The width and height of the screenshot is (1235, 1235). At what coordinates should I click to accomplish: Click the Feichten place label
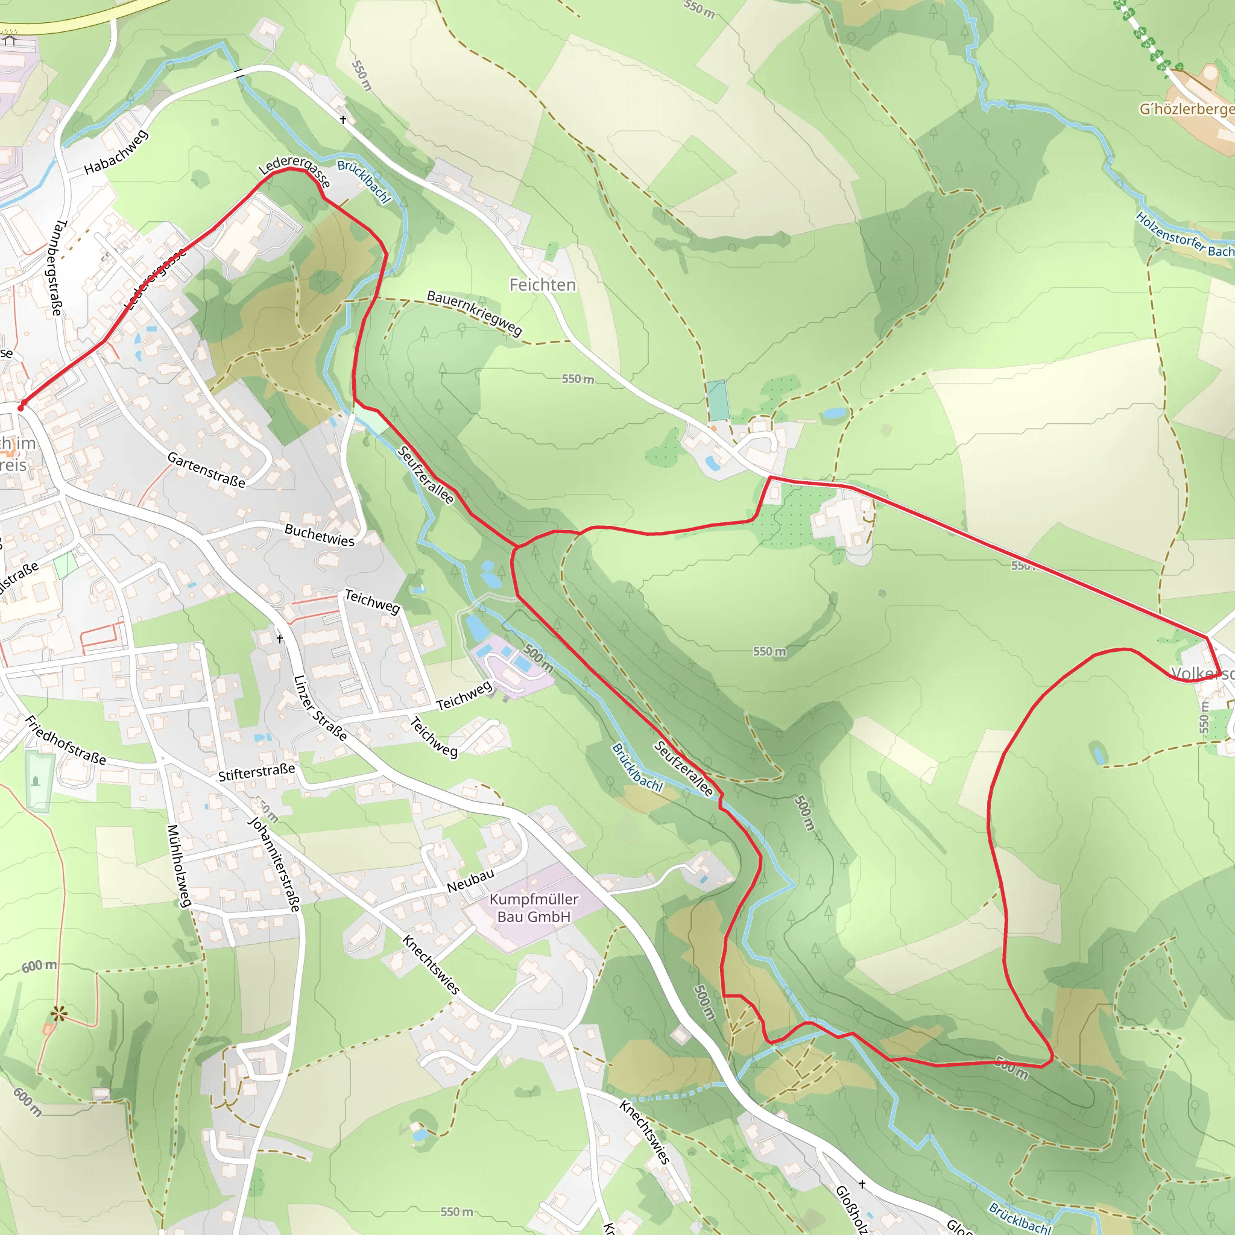pos(542,285)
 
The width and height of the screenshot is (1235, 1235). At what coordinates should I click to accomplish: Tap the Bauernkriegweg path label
pos(475,313)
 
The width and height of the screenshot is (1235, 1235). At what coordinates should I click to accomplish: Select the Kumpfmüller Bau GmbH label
pos(534,908)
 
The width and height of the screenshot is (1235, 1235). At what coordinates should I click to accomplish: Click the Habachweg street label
pos(116,152)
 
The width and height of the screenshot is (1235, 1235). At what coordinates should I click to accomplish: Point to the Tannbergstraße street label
pos(57,268)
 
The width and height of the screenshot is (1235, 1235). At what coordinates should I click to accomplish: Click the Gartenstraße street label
pos(206,470)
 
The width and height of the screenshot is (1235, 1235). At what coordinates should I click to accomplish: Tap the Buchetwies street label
pos(319,535)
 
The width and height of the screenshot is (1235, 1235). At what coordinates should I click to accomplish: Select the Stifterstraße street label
pos(256,772)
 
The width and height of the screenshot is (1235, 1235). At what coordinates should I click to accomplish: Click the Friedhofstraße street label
pos(65,741)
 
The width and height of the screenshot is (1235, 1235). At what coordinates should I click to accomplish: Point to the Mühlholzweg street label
pos(179,865)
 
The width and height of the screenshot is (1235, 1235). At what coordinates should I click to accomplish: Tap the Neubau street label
pos(470,881)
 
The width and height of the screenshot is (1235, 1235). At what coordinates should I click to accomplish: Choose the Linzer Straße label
pos(320,709)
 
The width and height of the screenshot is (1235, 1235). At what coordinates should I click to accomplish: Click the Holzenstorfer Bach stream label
pos(1184,235)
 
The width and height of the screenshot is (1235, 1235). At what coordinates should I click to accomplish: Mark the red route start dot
pos(21,407)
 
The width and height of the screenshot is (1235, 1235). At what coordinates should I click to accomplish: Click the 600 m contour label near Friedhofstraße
pos(39,966)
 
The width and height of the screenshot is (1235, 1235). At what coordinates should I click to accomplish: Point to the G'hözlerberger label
pos(1186,109)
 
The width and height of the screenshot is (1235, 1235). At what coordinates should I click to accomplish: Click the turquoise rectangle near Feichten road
pos(716,401)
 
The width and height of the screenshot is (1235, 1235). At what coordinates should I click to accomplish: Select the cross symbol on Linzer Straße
pos(279,639)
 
